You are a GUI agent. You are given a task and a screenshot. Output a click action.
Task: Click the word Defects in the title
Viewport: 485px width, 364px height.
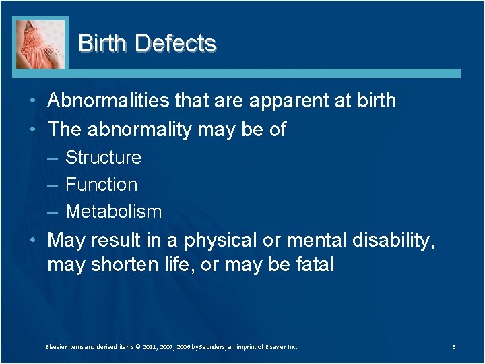(x=175, y=43)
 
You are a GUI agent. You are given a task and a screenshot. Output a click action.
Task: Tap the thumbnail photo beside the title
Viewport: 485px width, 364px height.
(x=41, y=44)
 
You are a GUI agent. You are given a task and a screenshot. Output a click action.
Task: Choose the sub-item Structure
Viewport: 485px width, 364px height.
(x=103, y=158)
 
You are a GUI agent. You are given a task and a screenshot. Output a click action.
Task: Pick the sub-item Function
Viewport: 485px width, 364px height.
(x=101, y=185)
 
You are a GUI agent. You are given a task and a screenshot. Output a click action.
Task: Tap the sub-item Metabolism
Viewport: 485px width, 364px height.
(x=114, y=212)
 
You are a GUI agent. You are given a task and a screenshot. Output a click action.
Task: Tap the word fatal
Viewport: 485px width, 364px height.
(x=315, y=265)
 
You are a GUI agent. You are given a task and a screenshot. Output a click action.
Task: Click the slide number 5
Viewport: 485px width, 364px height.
(x=454, y=347)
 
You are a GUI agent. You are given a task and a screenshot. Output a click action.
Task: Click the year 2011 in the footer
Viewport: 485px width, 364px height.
(x=152, y=347)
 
